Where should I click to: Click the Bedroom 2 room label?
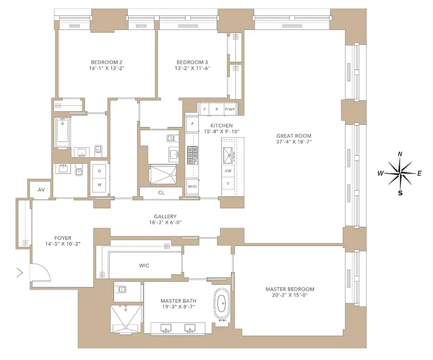pos(107,62)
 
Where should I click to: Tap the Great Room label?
pos(294,135)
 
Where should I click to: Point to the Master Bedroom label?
pos(290,289)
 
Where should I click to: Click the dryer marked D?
pos(99,171)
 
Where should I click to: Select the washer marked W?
pos(99,185)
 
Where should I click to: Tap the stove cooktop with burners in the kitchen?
pos(192,155)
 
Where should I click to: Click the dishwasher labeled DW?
pos(228,171)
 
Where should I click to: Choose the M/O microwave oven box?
pos(192,186)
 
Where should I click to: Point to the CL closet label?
pos(161,193)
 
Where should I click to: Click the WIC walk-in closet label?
pos(144,265)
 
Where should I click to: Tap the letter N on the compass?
pos(400,154)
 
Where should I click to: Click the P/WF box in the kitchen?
pos(230,109)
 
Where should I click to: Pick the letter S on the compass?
pos(400,193)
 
